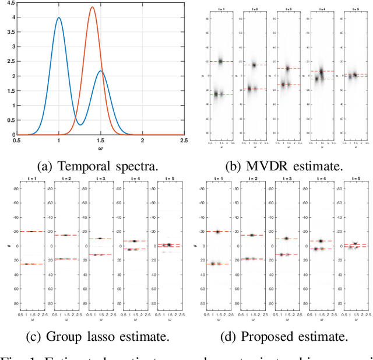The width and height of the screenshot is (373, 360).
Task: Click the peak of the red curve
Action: (x=92, y=8)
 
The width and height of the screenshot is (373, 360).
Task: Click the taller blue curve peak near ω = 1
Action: (x=59, y=18)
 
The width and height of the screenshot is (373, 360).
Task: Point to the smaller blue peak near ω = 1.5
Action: (x=101, y=71)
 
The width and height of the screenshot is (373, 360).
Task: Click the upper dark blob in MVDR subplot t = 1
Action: (x=220, y=61)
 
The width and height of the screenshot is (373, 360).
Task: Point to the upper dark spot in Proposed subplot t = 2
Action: (x=252, y=235)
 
